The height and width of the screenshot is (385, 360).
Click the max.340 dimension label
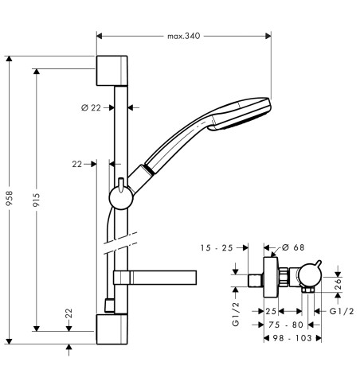183,36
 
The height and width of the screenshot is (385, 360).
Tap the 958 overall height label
10,198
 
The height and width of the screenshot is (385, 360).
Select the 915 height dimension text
37,200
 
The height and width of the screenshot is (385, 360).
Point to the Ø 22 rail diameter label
91,107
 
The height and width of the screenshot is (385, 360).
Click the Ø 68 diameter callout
293,247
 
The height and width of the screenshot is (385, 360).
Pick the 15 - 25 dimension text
217,248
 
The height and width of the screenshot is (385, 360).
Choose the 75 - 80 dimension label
286,325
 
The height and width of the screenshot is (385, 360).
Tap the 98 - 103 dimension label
292,338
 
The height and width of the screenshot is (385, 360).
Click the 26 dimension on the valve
338,284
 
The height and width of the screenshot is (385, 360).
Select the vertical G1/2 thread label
236,314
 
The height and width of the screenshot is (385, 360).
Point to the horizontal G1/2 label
342,311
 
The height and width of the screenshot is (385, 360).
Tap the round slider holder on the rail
121,198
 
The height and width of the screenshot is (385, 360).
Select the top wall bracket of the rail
112,71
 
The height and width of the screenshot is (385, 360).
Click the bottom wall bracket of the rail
112,329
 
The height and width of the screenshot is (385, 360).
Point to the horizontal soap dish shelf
155,278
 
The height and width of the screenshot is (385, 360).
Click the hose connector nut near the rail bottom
109,305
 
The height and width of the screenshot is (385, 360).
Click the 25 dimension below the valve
271,311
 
